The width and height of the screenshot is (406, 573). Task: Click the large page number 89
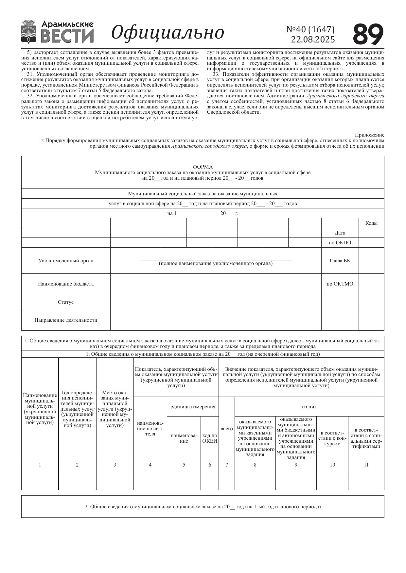tap(368, 34)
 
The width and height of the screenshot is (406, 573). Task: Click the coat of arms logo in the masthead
tap(28, 32)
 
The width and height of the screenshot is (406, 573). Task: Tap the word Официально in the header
tap(168, 33)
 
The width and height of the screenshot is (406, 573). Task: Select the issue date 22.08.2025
tap(313, 40)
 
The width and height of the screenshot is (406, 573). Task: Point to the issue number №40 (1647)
tap(310, 29)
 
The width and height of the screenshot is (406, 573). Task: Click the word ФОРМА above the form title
tap(203, 167)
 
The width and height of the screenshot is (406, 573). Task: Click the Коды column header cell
tap(371, 223)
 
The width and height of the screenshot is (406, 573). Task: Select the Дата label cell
tap(340, 233)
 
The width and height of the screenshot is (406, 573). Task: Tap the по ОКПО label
tap(340, 243)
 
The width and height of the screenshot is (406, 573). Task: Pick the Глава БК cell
tap(340, 261)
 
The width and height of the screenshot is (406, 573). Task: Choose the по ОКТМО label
tap(340, 284)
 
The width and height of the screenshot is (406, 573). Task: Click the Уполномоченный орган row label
tap(66, 261)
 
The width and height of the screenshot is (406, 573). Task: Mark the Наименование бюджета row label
tap(66, 284)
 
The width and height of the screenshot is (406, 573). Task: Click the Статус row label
tap(66, 302)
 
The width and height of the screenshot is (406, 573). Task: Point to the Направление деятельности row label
tap(66, 320)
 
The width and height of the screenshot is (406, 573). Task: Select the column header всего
tap(227, 429)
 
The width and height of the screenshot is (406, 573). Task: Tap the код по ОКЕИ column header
tap(210, 438)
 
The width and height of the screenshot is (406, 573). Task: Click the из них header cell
tap(309, 407)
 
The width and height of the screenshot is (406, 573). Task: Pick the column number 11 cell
tap(366, 465)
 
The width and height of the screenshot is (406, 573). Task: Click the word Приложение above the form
tap(369, 135)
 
